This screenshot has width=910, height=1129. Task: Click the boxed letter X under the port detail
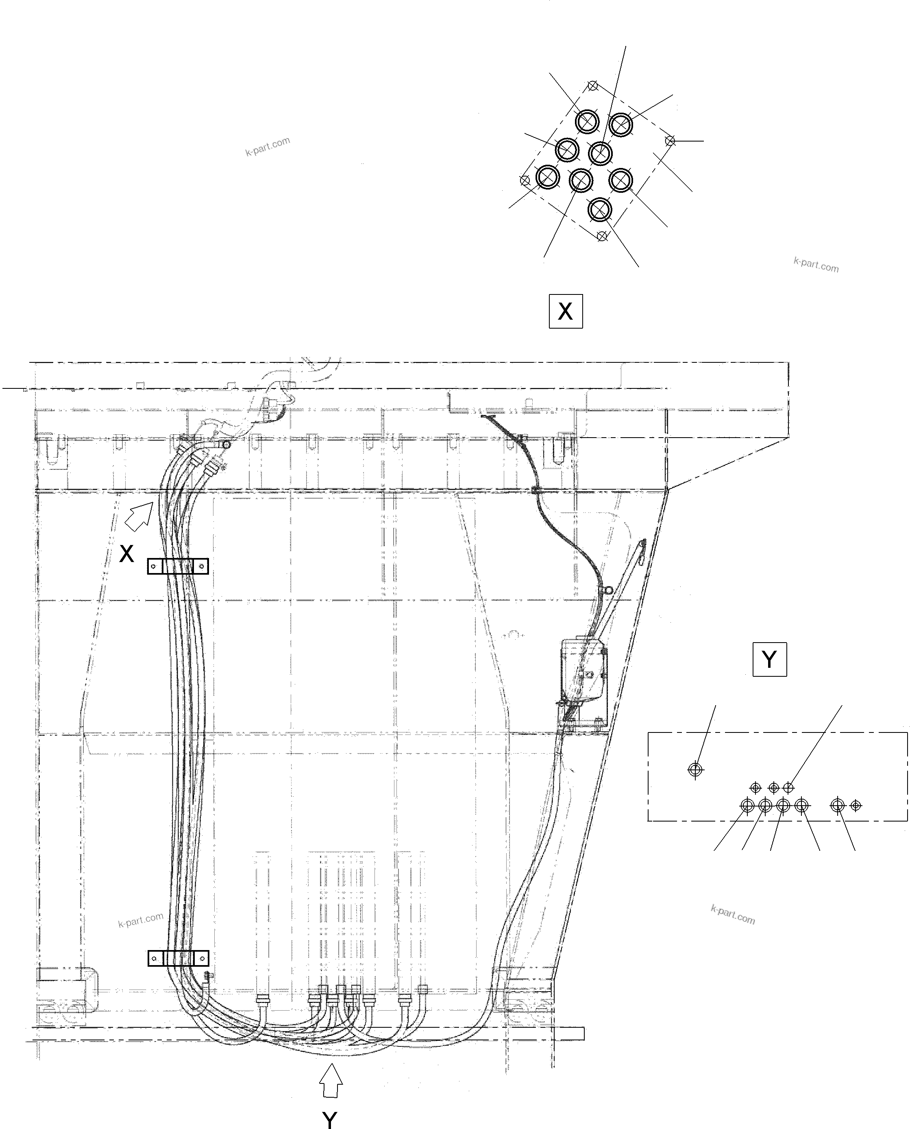tap(566, 312)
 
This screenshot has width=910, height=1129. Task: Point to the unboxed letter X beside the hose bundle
tap(126, 554)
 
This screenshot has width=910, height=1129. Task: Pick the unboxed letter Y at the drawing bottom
tap(330, 1118)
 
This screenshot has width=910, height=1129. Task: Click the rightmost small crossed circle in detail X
tap(669, 141)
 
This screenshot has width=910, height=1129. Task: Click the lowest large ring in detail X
tap(600, 210)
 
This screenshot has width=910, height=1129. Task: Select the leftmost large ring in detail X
tap(548, 177)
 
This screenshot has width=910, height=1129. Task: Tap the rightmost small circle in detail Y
tap(856, 805)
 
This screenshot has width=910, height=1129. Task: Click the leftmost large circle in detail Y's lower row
tap(747, 805)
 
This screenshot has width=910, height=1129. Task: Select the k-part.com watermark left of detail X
tap(267, 146)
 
